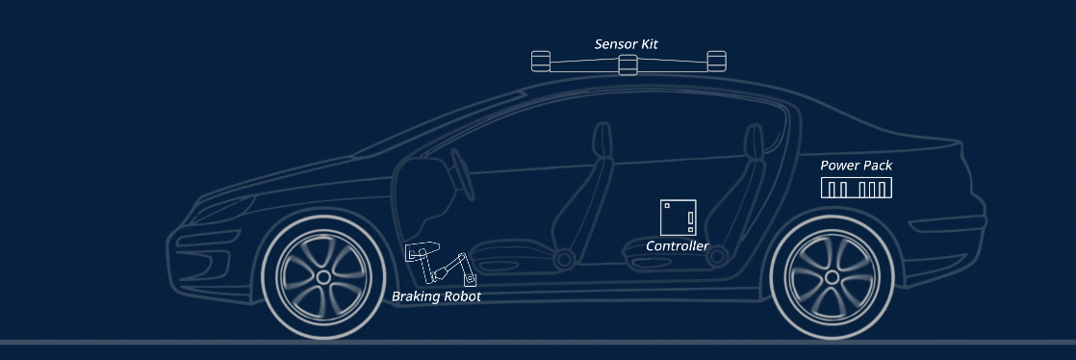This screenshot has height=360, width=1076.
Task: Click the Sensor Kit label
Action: tap(626, 44)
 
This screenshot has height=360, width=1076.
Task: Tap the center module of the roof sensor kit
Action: tap(628, 64)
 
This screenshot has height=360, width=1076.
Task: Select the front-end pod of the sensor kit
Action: tap(541, 61)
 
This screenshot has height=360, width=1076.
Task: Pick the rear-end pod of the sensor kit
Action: tap(716, 61)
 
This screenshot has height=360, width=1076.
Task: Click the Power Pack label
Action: tap(857, 166)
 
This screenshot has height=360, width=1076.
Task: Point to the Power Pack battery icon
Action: tap(857, 188)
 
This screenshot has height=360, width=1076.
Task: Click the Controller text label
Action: tap(678, 246)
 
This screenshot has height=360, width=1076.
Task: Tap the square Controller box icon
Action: tap(678, 218)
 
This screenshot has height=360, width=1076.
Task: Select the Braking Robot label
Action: tap(436, 296)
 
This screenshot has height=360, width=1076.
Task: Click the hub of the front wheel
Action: tap(323, 277)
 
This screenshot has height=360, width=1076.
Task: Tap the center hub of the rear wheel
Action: tap(832, 277)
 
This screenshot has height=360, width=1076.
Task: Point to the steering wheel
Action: tap(462, 175)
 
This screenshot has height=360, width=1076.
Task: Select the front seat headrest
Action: tap(602, 141)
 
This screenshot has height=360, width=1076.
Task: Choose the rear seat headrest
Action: tap(754, 142)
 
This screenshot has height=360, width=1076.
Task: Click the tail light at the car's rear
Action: tap(947, 224)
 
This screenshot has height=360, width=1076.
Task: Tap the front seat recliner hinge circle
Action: tap(565, 259)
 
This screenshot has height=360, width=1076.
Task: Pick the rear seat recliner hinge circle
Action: tap(717, 256)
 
